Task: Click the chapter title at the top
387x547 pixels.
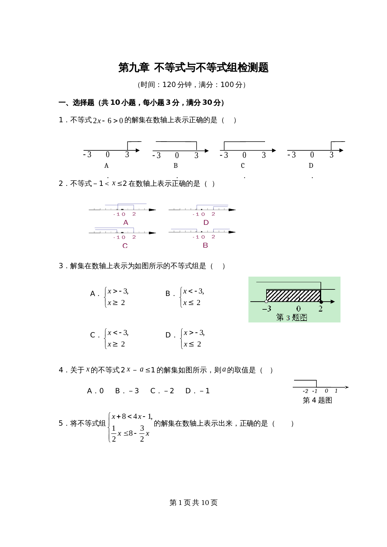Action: [x=193, y=67]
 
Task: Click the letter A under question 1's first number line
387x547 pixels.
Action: [x=106, y=166]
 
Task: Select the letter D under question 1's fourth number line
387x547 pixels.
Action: [x=311, y=166]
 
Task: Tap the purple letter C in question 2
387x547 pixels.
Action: [x=125, y=246]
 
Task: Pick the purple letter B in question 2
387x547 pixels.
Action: [x=205, y=245]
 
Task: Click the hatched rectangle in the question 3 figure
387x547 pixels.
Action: [x=293, y=295]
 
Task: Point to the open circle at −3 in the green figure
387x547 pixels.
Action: [x=266, y=302]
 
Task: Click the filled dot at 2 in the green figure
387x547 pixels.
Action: [x=321, y=302]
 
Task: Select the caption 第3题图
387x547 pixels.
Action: [x=291, y=317]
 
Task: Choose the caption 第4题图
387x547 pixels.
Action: [x=317, y=400]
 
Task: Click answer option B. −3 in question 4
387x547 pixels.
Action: [x=127, y=391]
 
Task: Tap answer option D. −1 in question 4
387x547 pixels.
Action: [x=197, y=391]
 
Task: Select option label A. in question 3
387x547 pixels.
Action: [x=94, y=294]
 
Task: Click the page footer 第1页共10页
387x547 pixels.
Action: [x=193, y=502]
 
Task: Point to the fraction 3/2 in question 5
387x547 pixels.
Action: [x=142, y=433]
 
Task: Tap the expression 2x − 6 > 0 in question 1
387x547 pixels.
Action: [x=108, y=120]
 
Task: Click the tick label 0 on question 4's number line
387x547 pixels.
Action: [x=326, y=391]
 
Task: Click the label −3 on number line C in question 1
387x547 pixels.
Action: [x=224, y=155]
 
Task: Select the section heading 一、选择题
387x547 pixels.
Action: [x=77, y=103]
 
